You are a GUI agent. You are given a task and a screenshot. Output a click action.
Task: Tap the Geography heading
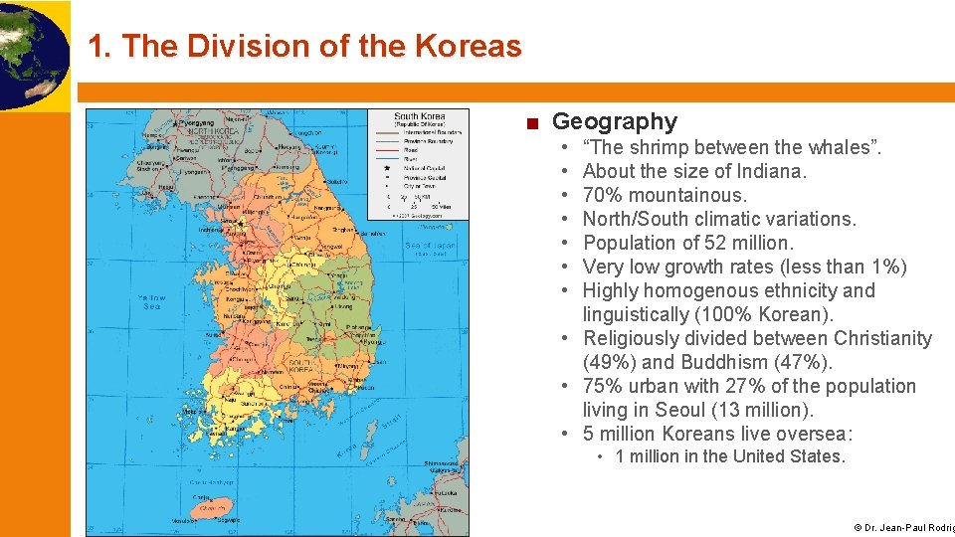614,122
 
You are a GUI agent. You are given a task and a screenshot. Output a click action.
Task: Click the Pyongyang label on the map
200,121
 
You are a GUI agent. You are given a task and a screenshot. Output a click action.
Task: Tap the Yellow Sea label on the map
151,301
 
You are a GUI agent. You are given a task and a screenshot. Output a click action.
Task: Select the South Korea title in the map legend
419,116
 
